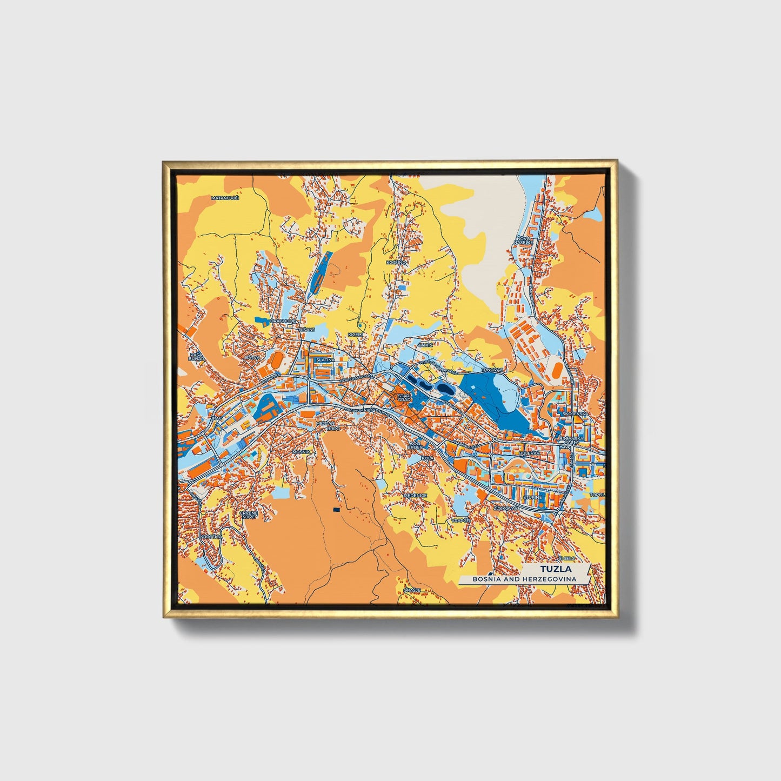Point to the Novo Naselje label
(x=524, y=240)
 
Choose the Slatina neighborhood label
(x=325, y=359)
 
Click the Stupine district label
(x=532, y=497)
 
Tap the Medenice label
(x=416, y=495)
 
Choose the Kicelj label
(x=355, y=335)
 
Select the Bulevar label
(x=529, y=452)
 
